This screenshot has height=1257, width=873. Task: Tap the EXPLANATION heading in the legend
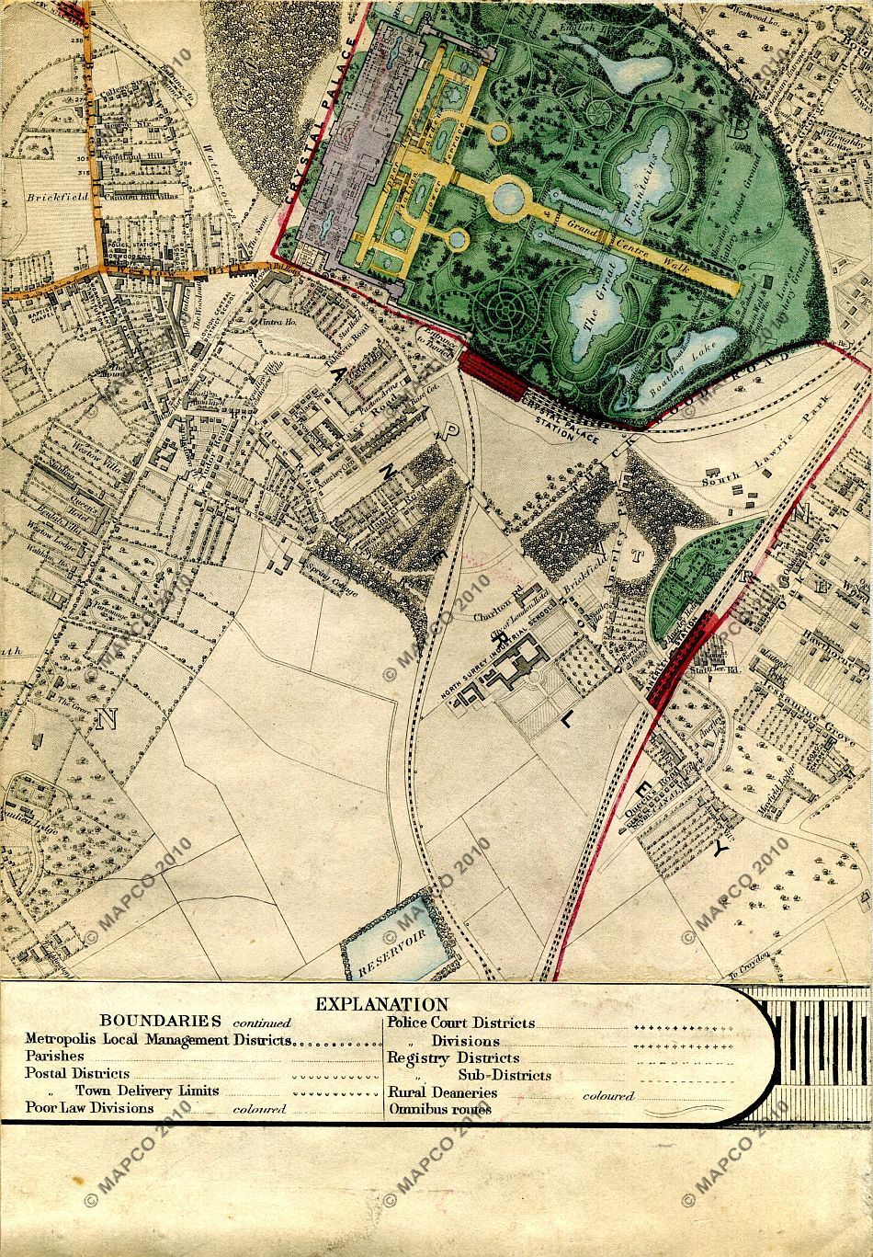(381, 1005)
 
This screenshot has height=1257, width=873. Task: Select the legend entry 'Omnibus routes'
(439, 1109)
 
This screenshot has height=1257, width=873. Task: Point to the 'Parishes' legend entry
(55, 1057)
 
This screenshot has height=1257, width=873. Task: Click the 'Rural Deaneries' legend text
(442, 1092)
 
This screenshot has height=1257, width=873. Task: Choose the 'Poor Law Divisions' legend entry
(89, 1108)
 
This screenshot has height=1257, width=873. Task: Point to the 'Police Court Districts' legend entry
(460, 1023)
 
